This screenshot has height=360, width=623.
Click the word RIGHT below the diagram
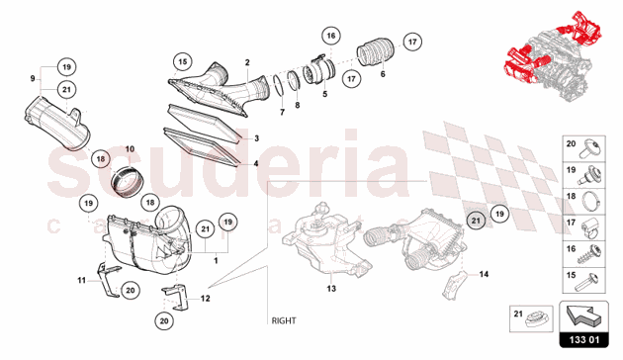[285, 320]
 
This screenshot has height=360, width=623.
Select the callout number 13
[331, 289]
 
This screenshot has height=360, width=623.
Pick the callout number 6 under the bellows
[384, 74]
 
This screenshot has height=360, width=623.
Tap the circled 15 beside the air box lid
[181, 61]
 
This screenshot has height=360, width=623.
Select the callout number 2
[247, 61]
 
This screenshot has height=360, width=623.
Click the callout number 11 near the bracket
[81, 281]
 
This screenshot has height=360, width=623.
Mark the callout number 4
[255, 163]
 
